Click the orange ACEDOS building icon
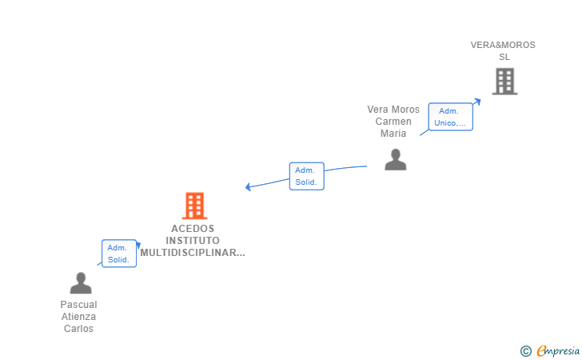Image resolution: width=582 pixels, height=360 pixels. (194, 206)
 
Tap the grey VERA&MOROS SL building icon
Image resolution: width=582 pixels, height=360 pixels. (504, 82)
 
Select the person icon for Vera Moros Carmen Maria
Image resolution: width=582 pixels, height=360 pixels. (396, 160)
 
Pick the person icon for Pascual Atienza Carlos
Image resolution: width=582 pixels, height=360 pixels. (81, 283)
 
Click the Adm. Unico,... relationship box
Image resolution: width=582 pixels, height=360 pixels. (451, 117)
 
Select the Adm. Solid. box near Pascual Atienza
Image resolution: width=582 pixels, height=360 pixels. (119, 254)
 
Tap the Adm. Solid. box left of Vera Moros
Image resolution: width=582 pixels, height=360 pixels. (307, 176)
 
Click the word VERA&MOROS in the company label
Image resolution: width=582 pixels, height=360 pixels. (503, 45)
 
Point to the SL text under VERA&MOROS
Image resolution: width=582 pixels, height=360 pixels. (504, 57)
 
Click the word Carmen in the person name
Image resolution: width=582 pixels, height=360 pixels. (393, 122)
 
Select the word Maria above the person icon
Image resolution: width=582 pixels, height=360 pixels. (393, 134)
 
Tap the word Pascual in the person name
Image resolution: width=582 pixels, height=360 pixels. (78, 305)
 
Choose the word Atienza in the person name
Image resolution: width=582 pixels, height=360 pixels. (78, 317)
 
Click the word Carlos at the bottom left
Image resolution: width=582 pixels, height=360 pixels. (78, 329)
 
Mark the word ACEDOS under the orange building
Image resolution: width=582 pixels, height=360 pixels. (193, 229)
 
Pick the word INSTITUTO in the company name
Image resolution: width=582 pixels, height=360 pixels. (193, 240)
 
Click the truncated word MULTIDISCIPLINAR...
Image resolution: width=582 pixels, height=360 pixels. (193, 253)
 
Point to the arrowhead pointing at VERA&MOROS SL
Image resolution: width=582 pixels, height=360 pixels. (478, 101)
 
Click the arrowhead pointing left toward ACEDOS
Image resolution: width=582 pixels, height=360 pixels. (248, 186)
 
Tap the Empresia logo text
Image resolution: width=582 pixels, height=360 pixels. (558, 350)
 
